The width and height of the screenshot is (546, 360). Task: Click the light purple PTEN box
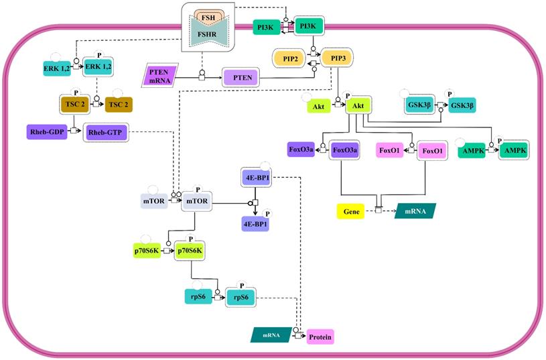pos(241,78)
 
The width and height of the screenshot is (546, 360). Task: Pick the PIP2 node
pos(289,58)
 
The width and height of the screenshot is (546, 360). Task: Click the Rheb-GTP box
pos(105,133)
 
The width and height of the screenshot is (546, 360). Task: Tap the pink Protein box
pos(320,337)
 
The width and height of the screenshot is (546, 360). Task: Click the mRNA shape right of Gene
pos(415,211)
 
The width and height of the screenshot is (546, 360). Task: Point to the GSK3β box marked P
pos(462,105)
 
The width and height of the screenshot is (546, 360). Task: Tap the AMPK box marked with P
pos(513,152)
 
